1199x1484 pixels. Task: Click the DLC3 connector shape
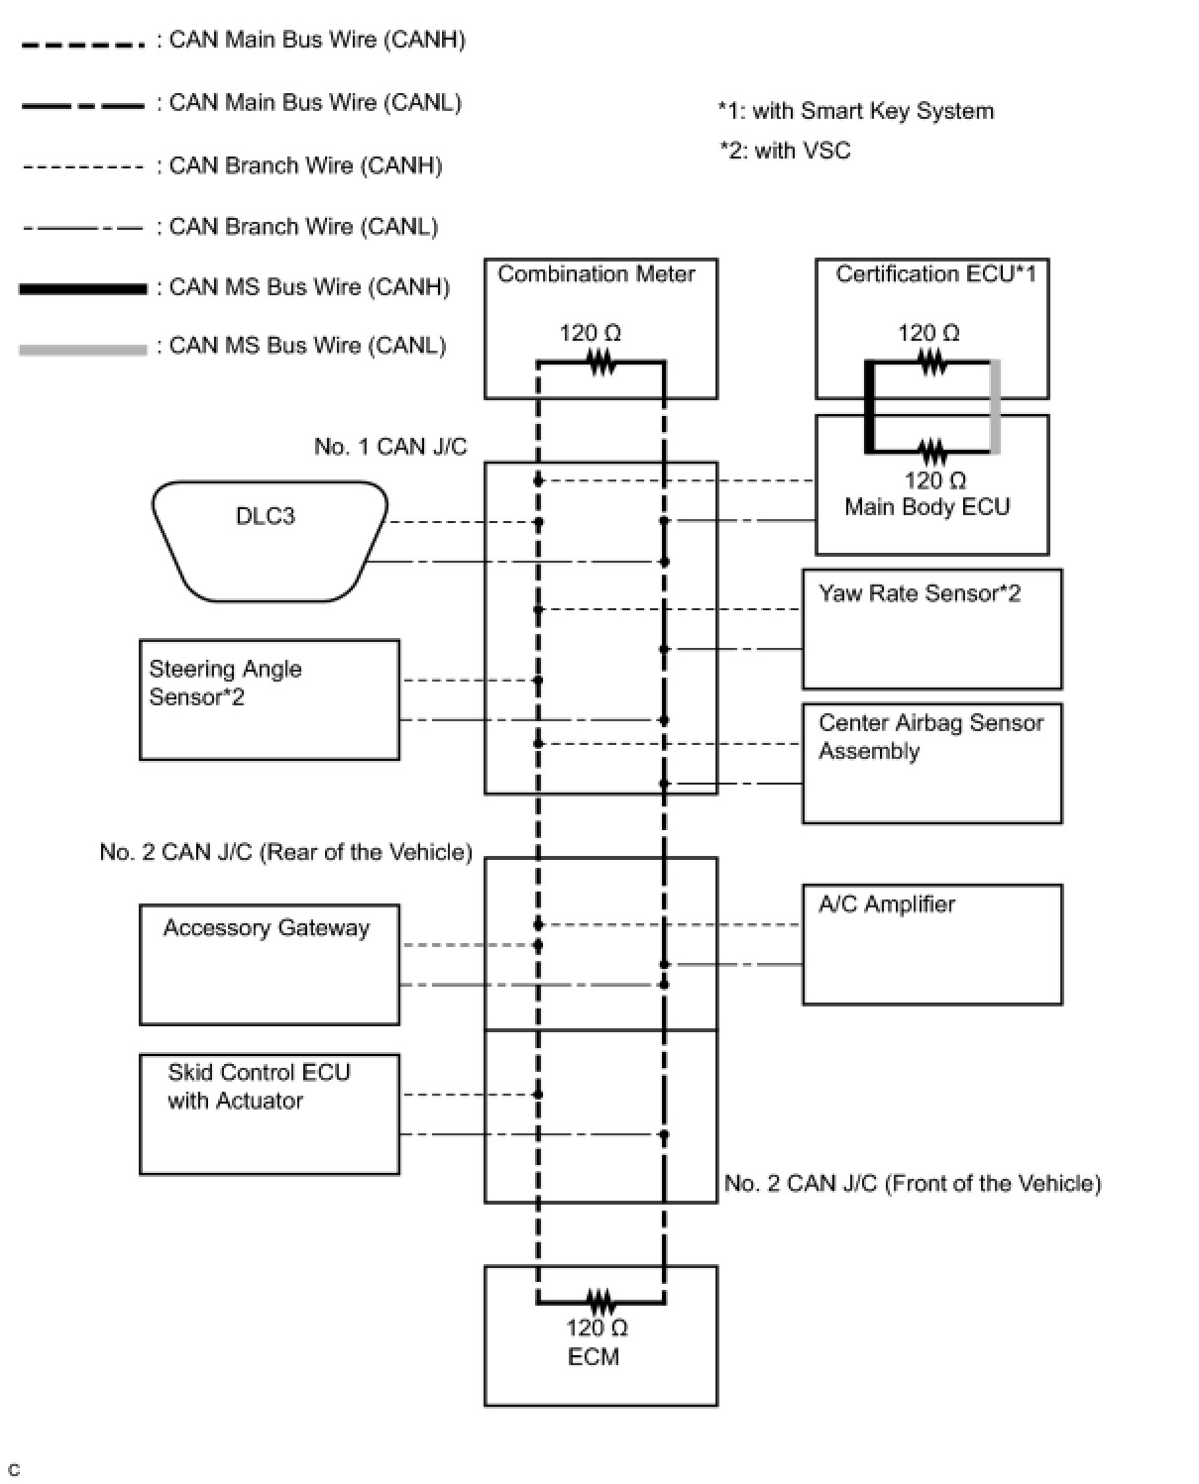(x=268, y=541)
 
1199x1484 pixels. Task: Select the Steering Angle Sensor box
(x=269, y=699)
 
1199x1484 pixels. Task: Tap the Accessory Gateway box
(x=269, y=964)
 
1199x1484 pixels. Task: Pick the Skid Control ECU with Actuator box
(x=269, y=1113)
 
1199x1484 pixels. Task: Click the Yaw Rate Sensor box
(x=931, y=628)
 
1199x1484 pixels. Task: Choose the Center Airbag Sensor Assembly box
(x=931, y=763)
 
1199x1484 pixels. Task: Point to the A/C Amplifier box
(x=931, y=944)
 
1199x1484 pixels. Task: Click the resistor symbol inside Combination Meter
(x=601, y=364)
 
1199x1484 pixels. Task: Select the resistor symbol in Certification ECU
(x=932, y=364)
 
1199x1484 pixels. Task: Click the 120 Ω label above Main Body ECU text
(x=934, y=480)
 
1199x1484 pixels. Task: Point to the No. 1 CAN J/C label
(x=390, y=447)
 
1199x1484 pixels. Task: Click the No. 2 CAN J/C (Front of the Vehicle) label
(x=913, y=1183)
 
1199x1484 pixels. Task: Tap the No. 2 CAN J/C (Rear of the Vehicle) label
(x=285, y=852)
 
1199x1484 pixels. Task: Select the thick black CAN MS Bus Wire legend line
(x=82, y=288)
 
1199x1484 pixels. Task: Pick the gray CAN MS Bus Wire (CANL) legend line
(x=82, y=349)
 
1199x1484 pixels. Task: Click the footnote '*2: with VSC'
(x=785, y=151)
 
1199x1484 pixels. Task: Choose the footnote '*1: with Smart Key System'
(x=856, y=111)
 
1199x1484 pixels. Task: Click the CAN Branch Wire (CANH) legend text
(x=305, y=165)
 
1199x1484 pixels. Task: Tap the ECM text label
(x=594, y=1356)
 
